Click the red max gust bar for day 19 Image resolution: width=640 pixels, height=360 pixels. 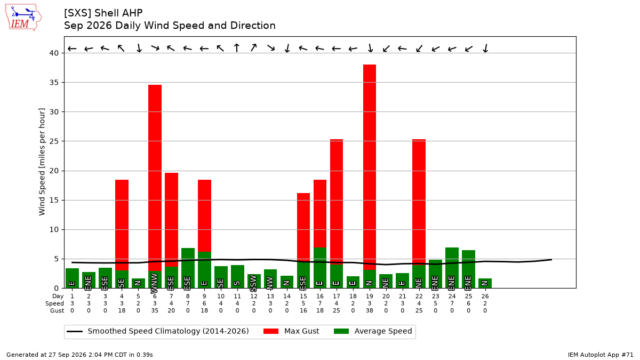click(370, 167)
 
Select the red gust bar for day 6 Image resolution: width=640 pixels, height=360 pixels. click(155, 178)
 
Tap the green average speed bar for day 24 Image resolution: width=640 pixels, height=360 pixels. click(452, 268)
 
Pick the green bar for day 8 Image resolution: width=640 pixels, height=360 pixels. click(188, 268)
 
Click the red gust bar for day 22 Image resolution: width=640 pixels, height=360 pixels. click(419, 202)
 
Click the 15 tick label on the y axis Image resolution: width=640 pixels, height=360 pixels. click(54, 201)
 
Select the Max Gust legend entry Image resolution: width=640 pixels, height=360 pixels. click(291, 331)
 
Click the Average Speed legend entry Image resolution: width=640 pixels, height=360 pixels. click(373, 331)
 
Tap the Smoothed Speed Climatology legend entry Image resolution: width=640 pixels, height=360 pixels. click(158, 331)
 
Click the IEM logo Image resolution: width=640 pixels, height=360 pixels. click(23, 18)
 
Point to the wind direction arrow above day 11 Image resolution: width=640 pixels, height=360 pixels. click(237, 47)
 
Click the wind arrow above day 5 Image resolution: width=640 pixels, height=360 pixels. click(139, 48)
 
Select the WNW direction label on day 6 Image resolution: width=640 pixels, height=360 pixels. click(154, 283)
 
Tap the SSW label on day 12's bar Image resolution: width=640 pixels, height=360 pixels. click(253, 283)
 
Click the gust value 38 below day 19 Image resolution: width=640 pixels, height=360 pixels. click(370, 310)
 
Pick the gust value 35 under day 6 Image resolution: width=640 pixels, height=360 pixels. click(155, 310)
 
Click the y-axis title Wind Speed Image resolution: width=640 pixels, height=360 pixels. click(42, 162)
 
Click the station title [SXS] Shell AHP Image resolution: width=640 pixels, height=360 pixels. click(103, 13)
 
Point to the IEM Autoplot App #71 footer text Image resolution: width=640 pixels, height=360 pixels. click(601, 355)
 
